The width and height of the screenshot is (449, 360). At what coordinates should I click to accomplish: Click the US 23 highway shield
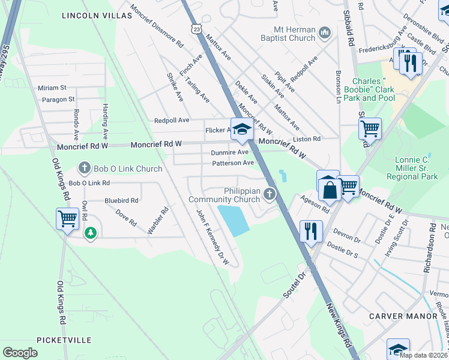196,28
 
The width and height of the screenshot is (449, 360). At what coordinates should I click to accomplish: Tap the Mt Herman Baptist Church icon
325,32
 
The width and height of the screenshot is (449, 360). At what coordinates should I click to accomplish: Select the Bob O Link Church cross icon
85,169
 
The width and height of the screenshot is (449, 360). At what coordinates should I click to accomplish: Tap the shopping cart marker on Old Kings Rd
67,218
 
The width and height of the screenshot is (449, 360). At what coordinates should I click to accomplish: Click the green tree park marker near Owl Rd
90,233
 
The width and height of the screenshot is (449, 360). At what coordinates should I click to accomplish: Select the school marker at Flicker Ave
241,129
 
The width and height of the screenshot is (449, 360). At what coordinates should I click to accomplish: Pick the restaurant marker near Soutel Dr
311,231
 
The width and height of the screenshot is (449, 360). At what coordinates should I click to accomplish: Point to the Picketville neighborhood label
64,340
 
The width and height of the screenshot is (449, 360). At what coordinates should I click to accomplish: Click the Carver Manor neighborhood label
403,316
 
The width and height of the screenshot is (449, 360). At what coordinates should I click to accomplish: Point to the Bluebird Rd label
121,200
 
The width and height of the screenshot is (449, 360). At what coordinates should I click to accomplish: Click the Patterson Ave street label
232,163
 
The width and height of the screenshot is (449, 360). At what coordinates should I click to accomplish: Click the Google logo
20,353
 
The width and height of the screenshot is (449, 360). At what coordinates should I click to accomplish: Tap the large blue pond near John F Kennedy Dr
234,220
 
